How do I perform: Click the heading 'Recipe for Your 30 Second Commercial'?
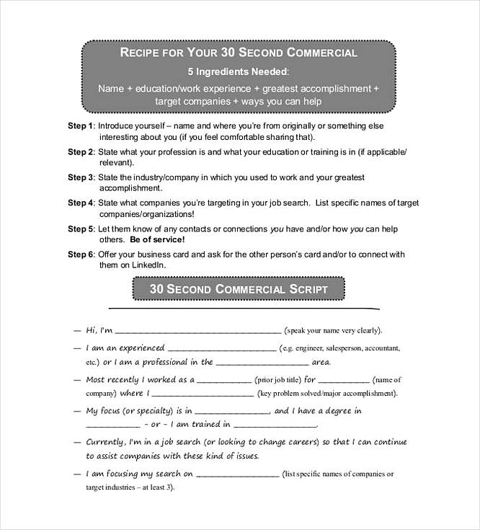[x=239, y=53]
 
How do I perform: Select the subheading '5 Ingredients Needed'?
[x=239, y=72]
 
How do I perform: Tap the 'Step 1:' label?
[x=81, y=125]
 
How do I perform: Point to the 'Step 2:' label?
[x=81, y=152]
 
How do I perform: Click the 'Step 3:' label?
[x=81, y=177]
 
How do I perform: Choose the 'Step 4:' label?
[x=81, y=203]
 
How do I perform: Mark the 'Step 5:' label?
[x=81, y=229]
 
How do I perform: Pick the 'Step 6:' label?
[x=81, y=255]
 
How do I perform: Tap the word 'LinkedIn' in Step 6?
[x=137, y=265]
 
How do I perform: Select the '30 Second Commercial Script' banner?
[x=239, y=289]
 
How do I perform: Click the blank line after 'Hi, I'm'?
[x=198, y=332]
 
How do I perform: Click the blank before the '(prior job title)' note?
[x=223, y=380]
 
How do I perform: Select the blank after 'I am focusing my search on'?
[x=237, y=475]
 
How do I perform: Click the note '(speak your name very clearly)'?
[x=333, y=330]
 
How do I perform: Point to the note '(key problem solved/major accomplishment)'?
[x=328, y=394]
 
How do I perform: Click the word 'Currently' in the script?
[x=105, y=441]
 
